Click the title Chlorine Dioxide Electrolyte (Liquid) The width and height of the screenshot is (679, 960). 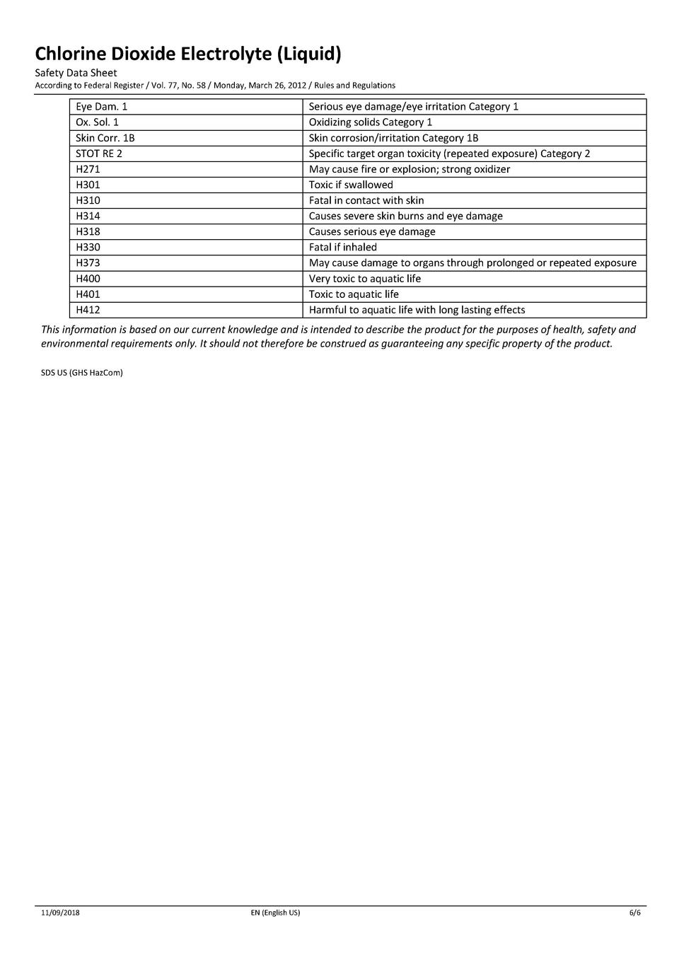click(188, 54)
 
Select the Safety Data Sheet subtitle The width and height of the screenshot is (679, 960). click(76, 73)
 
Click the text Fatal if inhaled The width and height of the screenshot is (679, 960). click(343, 247)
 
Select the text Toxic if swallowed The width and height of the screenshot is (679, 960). click(351, 185)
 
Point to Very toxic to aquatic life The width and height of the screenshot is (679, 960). click(365, 279)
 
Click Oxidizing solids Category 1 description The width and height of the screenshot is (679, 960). click(371, 122)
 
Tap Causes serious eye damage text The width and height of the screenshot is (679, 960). click(372, 231)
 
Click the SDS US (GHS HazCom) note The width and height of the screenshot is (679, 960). click(82, 373)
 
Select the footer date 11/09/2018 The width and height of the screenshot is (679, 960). click(60, 913)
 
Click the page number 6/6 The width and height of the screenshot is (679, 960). click(635, 913)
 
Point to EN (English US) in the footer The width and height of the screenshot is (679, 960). click(275, 913)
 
